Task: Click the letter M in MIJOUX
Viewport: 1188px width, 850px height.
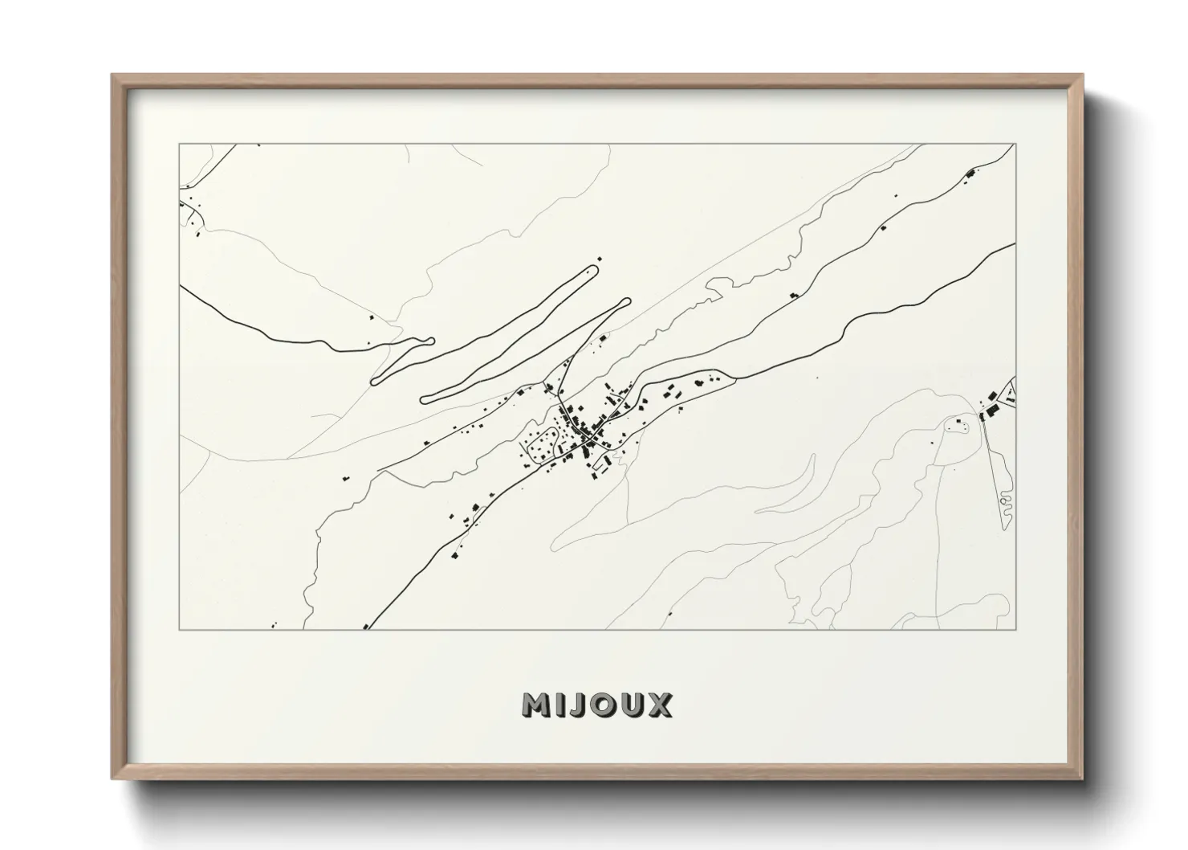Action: [x=535, y=705]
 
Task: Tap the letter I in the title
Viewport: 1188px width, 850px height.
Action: [x=561, y=705]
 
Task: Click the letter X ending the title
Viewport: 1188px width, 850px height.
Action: [x=659, y=705]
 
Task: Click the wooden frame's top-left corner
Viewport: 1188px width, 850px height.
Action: [x=113, y=76]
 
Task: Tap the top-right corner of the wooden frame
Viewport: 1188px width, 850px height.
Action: [x=1080, y=76]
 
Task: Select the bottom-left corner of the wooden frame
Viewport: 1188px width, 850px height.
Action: [x=113, y=777]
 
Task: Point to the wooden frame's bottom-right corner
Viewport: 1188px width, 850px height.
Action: [x=1080, y=777]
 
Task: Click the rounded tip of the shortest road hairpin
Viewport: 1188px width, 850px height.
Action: [x=429, y=341]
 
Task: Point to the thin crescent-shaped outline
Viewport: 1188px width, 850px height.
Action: [x=787, y=490]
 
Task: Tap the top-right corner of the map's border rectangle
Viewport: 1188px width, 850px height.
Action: [x=1015, y=145]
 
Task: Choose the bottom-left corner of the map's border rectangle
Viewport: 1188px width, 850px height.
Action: [x=179, y=629]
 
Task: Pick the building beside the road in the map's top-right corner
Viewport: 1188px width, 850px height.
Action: [x=970, y=173]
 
